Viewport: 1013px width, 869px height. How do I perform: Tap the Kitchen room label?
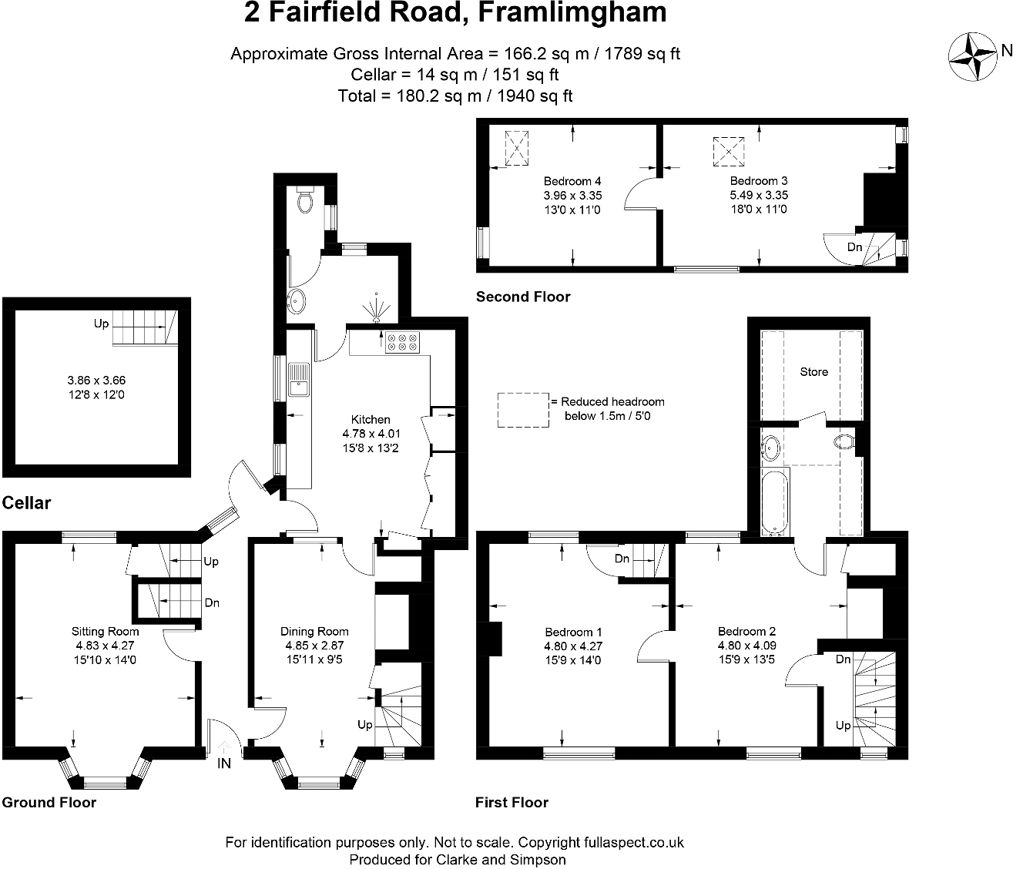[371, 420]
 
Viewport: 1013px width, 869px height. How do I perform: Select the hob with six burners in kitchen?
[403, 341]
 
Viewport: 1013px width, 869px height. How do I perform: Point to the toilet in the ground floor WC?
[306, 201]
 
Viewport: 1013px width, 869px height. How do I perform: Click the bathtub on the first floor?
[773, 502]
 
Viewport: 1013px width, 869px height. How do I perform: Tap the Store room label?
[813, 372]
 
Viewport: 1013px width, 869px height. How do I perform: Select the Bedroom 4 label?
[572, 182]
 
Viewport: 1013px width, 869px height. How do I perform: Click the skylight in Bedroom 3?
[729, 151]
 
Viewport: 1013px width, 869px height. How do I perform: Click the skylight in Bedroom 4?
[516, 148]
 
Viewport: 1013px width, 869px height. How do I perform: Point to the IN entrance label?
[224, 764]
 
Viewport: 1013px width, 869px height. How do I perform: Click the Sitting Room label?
[106, 632]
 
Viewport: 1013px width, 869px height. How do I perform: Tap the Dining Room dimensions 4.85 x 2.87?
[314, 646]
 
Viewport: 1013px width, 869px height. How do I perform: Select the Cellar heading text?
[26, 503]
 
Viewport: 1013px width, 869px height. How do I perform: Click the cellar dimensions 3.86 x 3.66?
[96, 381]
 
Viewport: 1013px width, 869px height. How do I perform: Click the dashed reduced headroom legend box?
[522, 410]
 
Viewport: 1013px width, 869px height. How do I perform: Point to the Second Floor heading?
[523, 297]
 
